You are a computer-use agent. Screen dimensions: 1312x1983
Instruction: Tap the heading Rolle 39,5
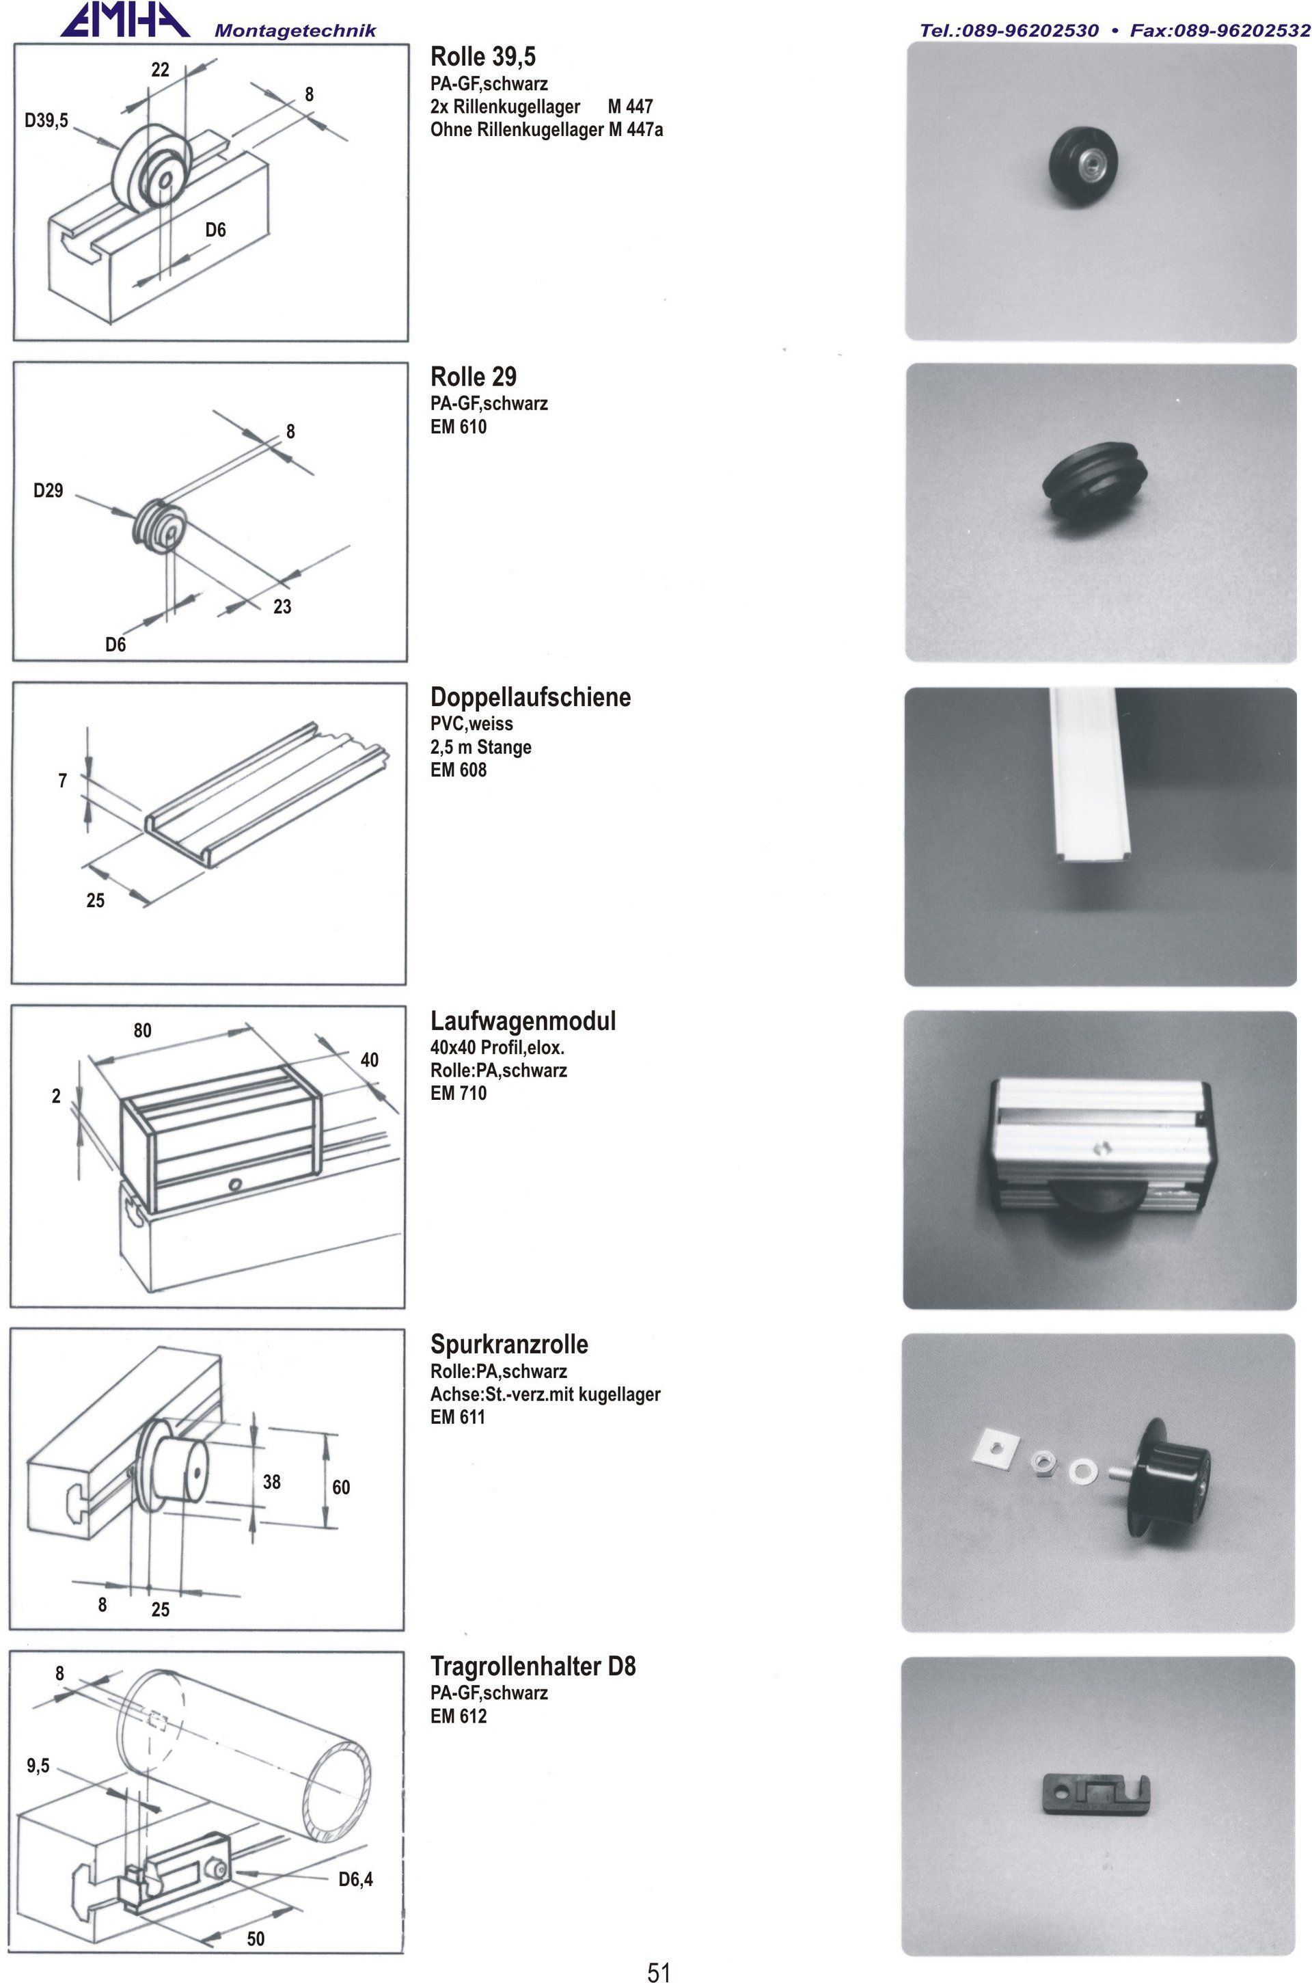pyautogui.click(x=483, y=57)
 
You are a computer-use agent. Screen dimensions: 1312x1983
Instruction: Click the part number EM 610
pyautogui.click(x=459, y=427)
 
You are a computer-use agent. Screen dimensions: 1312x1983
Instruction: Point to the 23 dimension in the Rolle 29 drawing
pyautogui.click(x=282, y=606)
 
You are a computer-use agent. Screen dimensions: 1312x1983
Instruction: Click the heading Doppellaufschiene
pyautogui.click(x=530, y=697)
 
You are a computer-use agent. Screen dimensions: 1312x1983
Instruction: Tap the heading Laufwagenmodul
pyautogui.click(x=523, y=1021)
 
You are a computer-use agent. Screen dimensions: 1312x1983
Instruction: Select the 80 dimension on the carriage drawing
pyautogui.click(x=142, y=1030)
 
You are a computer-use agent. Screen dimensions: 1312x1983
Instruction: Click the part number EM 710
pyautogui.click(x=459, y=1093)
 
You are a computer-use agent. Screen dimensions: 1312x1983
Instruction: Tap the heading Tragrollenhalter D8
pyautogui.click(x=533, y=1666)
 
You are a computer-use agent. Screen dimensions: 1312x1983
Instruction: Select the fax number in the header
pyautogui.click(x=1220, y=31)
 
